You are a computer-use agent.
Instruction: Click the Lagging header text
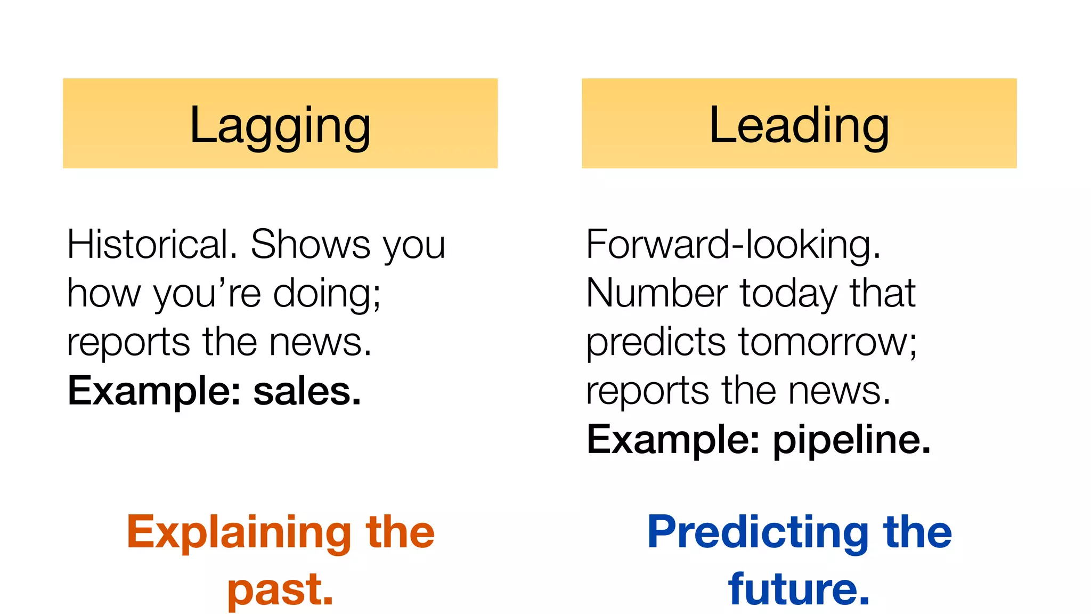coord(280,126)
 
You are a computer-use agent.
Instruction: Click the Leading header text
coord(799,126)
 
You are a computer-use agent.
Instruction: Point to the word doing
coord(326,294)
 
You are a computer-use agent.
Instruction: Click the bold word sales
coord(307,391)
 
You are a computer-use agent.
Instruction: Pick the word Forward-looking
coord(733,245)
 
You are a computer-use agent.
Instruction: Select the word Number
coord(657,294)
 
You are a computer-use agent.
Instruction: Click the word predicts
coord(656,342)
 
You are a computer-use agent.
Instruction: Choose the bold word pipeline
coord(851,440)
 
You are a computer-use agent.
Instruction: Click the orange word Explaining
coord(239,532)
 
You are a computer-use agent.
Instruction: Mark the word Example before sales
coord(154,391)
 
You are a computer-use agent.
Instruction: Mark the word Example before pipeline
coord(673,440)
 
